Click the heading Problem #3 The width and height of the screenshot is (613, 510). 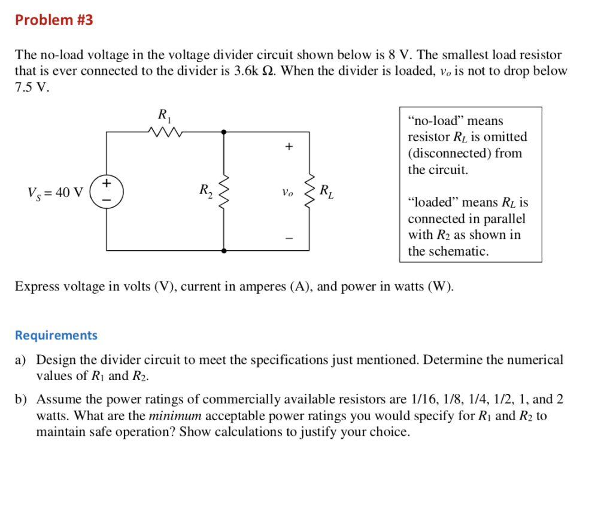54,20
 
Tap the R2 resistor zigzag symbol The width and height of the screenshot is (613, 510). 224,191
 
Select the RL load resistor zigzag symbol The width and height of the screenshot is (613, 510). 310,191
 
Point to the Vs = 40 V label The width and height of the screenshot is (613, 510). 55,193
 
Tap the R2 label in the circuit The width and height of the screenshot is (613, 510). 205,191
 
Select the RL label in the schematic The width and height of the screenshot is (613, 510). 327,192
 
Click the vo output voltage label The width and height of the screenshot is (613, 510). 288,193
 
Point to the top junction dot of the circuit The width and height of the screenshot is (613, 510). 224,131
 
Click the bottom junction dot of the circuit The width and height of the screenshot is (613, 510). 224,250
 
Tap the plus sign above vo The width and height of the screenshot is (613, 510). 289,146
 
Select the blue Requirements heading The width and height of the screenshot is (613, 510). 56,335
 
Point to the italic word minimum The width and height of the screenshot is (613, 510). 175,415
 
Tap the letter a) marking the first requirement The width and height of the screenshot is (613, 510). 21,360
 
